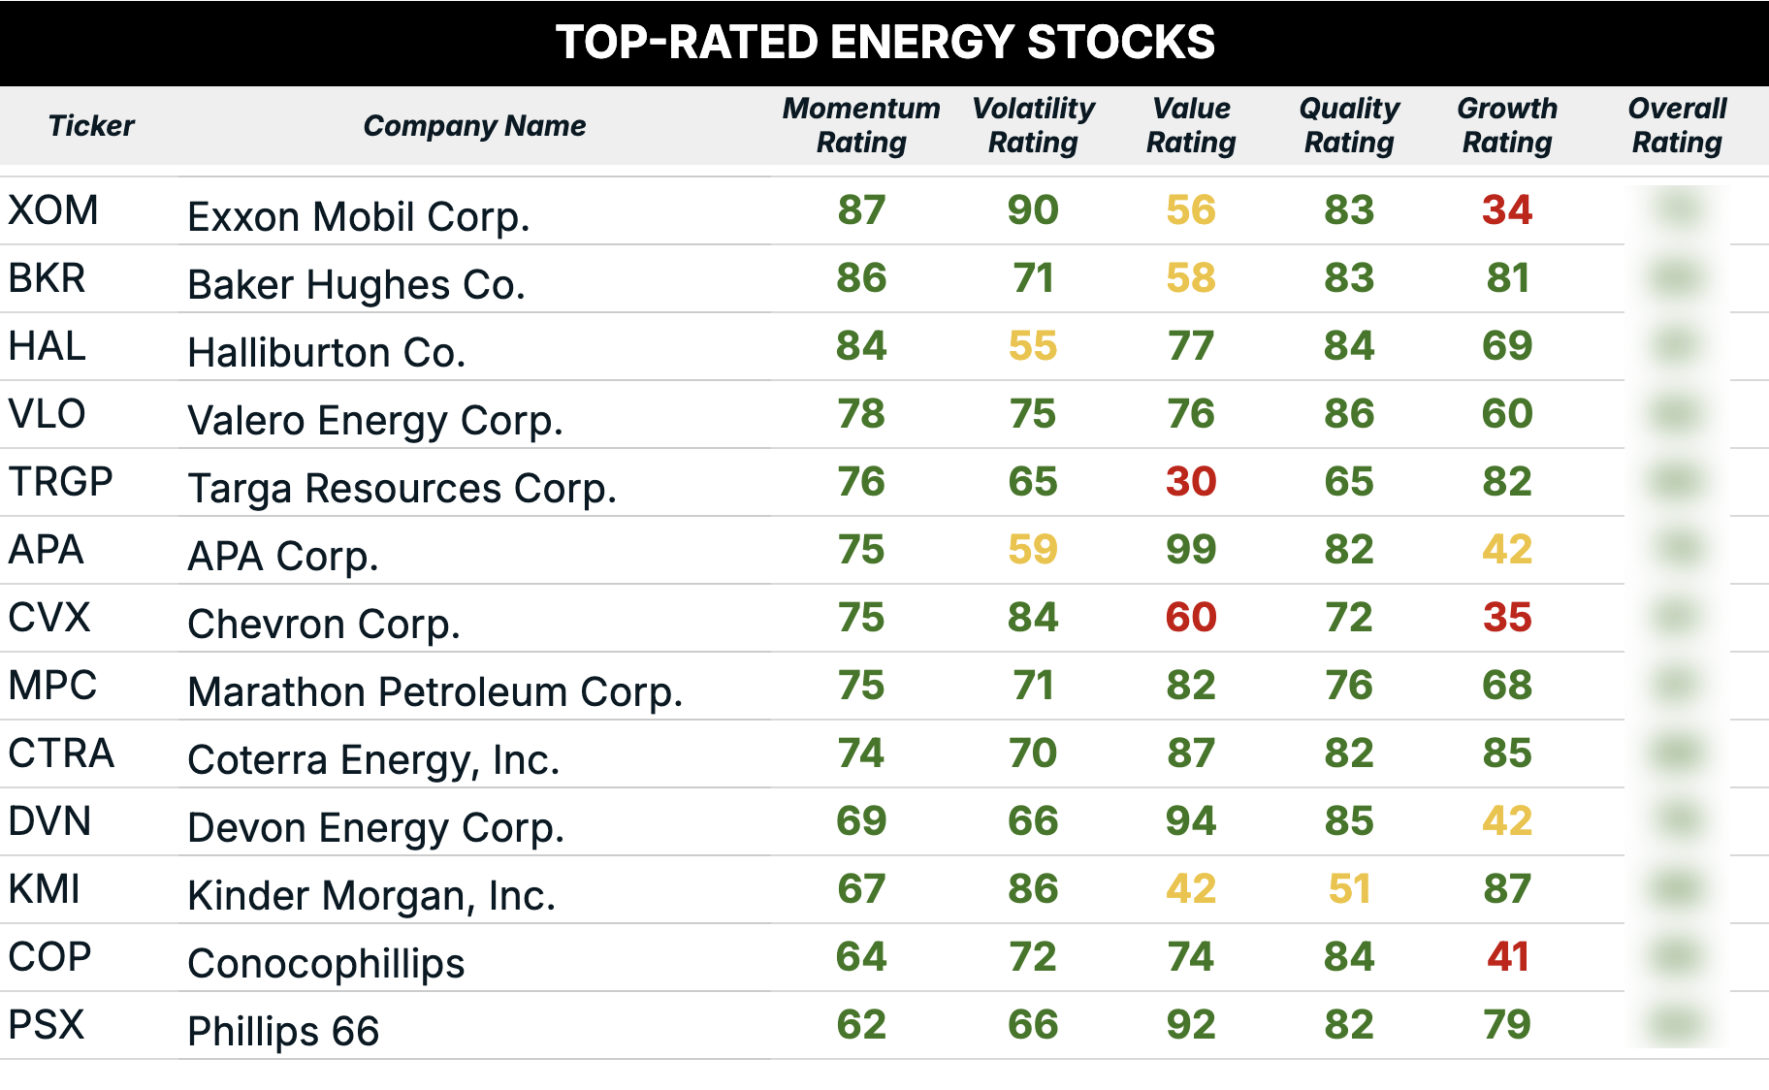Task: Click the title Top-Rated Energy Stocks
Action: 884,43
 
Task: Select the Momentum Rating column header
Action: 861,125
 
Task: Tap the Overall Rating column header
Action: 1677,125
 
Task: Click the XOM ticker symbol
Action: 53,210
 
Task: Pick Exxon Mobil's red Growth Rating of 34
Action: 1506,210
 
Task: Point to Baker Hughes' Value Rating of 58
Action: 1190,278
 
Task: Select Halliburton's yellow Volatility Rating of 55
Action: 1032,346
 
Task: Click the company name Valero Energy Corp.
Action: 374,421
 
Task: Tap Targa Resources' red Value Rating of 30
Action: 1190,482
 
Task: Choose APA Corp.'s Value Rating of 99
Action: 1190,550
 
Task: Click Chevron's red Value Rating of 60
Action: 1190,618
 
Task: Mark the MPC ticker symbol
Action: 52,686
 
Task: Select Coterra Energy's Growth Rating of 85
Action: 1506,753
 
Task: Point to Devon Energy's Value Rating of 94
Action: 1190,821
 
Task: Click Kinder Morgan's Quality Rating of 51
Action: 1348,889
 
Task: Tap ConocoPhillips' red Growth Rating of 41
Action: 1506,957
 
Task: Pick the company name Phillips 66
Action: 282,1032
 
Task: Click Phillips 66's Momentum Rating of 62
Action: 861,1025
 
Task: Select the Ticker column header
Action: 91,125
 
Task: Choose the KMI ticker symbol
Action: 45,889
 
